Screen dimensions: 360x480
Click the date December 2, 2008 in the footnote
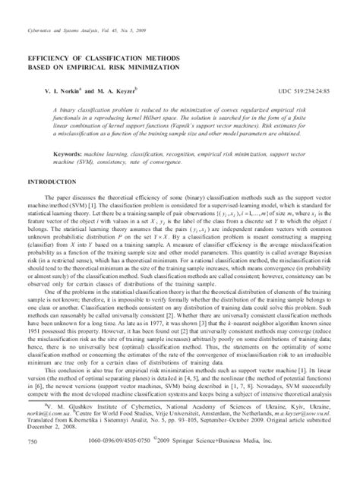(x=52, y=447)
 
